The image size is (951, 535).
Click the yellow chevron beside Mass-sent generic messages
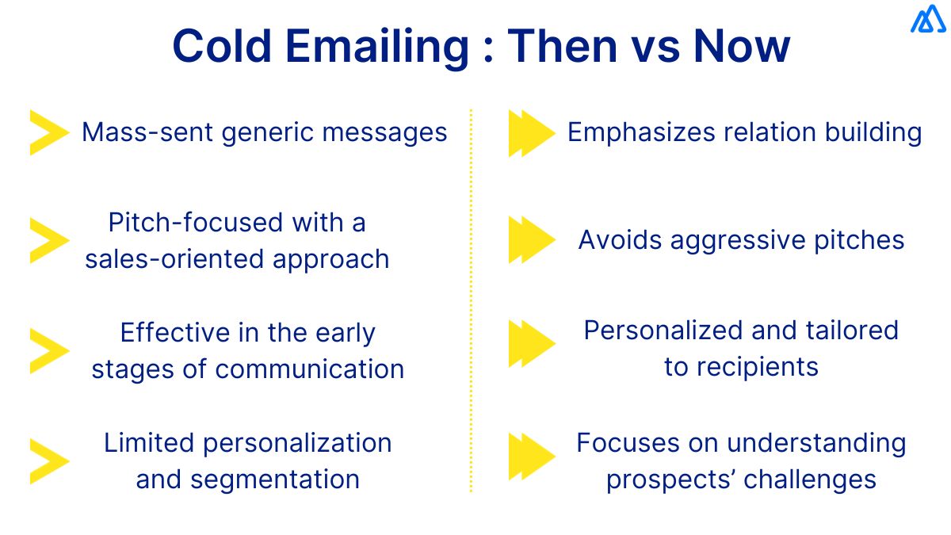pyautogui.click(x=48, y=132)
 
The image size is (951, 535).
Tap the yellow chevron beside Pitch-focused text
pyautogui.click(x=48, y=240)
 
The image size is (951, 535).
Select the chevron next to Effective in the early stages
pyautogui.click(x=48, y=350)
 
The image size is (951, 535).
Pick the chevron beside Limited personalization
pyautogui.click(x=48, y=460)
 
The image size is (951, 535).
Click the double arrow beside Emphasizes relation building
pyautogui.click(x=531, y=133)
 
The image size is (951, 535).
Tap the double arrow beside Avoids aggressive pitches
pyautogui.click(x=531, y=240)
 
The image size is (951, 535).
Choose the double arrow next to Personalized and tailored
pyautogui.click(x=531, y=344)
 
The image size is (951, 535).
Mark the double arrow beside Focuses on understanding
pyautogui.click(x=531, y=457)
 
